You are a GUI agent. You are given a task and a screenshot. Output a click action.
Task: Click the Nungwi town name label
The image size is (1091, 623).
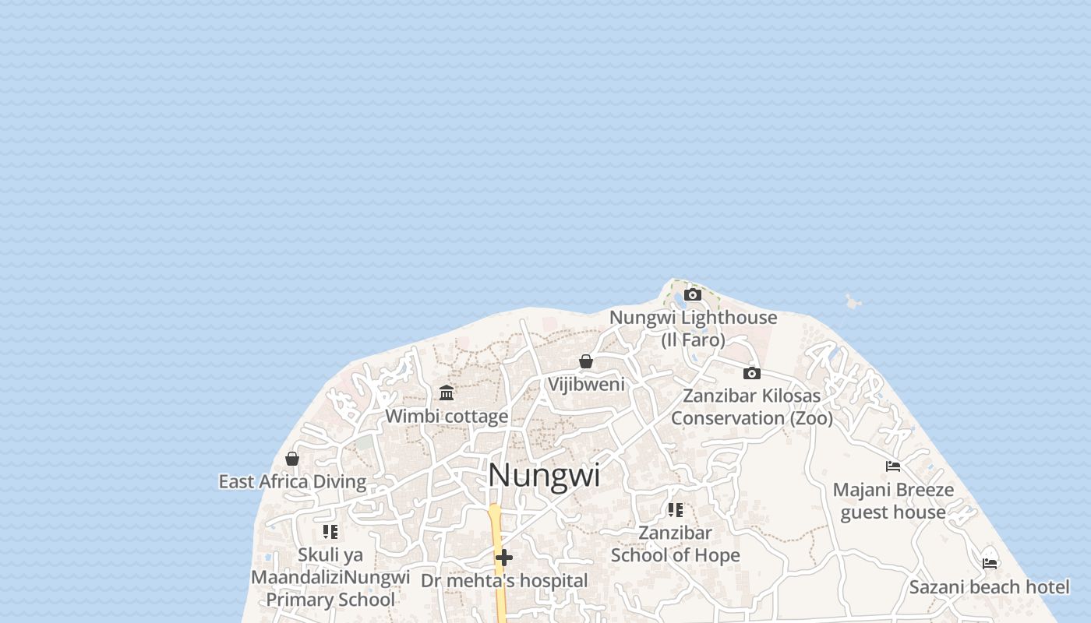tap(544, 475)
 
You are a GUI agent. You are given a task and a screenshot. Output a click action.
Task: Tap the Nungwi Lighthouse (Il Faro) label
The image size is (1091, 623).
tap(693, 328)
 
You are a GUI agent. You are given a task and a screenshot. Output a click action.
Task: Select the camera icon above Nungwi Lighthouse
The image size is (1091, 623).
tap(693, 294)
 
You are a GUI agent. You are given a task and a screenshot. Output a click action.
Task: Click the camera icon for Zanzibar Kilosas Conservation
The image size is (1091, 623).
tap(752, 373)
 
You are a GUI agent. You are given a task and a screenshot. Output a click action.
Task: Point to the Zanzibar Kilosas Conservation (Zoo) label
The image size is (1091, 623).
tap(751, 407)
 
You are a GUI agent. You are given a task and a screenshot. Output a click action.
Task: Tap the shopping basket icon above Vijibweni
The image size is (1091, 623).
tap(586, 361)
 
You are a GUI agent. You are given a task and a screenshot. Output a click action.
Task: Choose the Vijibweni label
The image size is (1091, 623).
tap(586, 384)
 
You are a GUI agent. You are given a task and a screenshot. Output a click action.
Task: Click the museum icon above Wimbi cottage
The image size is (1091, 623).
tap(447, 392)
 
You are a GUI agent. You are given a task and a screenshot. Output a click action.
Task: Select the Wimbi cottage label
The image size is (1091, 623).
tap(447, 416)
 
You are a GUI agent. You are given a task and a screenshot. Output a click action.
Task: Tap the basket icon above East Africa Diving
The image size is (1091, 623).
tap(292, 459)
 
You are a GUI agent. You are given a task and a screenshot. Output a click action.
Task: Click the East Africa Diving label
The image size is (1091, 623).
tap(292, 481)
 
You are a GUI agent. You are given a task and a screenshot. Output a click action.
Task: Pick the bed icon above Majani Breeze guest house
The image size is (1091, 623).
tap(893, 466)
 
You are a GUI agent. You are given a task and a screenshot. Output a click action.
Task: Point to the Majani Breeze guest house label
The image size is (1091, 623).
tap(893, 501)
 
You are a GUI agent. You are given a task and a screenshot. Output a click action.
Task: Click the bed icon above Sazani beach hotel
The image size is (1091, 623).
tap(990, 563)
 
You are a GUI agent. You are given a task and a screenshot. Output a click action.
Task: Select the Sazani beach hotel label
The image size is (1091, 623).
tap(990, 586)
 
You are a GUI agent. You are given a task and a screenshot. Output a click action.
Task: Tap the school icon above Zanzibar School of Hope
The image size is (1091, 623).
tap(676, 510)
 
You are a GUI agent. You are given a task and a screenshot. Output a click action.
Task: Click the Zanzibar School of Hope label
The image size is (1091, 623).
tap(676, 544)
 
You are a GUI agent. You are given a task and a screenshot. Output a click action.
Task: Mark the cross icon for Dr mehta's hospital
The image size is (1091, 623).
tap(504, 558)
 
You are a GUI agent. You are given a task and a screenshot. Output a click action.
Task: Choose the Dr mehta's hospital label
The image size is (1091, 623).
tap(504, 580)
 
